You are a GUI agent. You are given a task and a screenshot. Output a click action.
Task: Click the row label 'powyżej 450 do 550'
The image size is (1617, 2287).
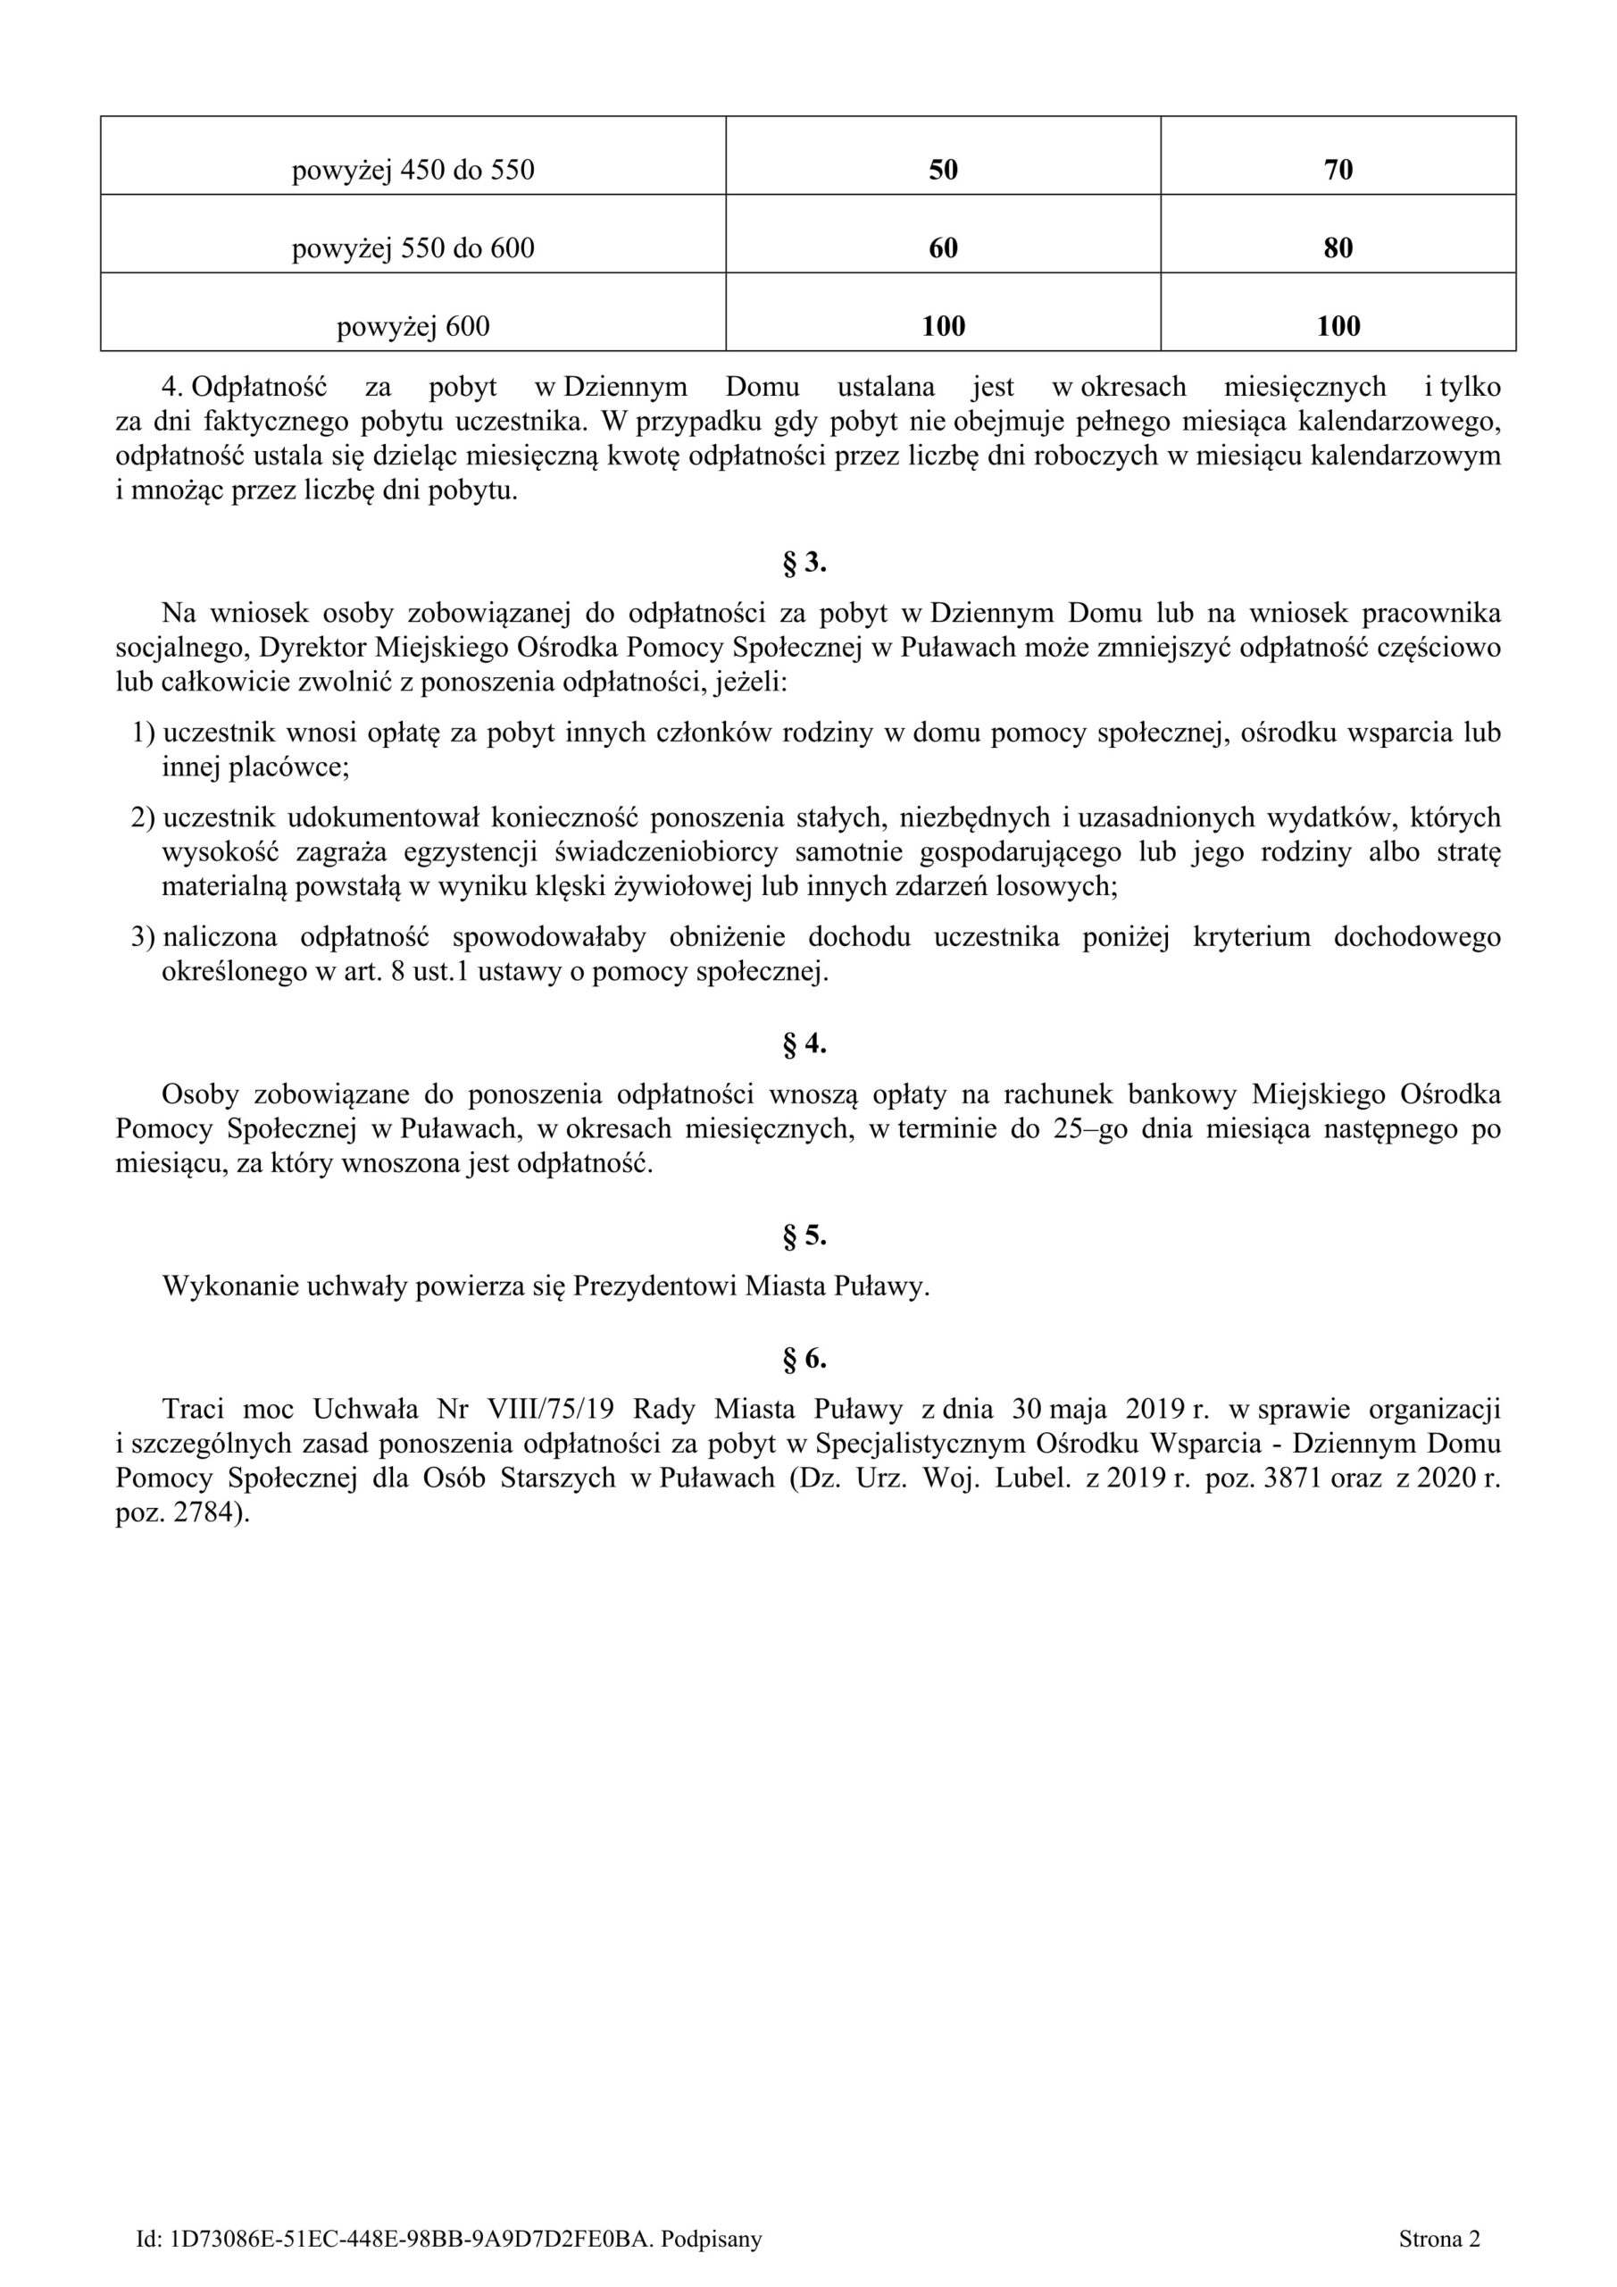(413, 171)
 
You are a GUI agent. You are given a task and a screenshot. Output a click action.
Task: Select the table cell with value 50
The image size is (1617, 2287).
(943, 171)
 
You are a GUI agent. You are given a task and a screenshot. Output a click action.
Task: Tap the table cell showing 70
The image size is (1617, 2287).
(1338, 171)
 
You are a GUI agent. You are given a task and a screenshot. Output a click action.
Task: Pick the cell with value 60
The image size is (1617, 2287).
(943, 248)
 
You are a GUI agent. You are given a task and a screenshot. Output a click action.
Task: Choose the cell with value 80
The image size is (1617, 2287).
(1338, 248)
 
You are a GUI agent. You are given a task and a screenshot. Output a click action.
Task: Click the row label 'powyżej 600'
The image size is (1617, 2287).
(413, 327)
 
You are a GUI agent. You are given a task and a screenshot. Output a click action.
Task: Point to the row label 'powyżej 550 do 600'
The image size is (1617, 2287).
(413, 248)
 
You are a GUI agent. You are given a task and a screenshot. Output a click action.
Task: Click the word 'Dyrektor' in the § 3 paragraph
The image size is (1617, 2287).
(312, 649)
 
